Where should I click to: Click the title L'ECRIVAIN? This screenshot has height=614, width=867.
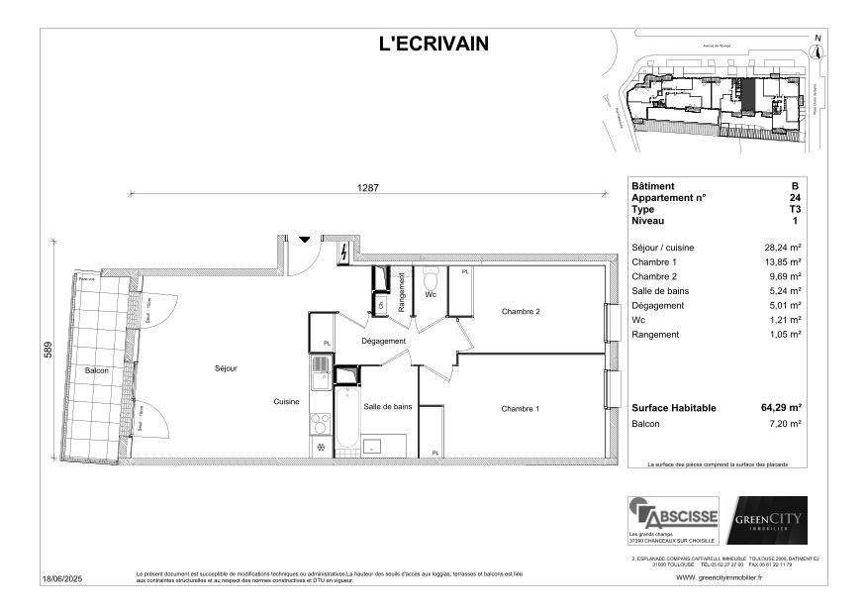tap(433, 43)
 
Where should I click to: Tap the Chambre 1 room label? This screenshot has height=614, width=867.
tap(520, 409)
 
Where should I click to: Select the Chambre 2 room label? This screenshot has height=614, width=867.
tap(520, 312)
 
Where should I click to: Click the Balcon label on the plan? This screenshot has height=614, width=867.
tap(96, 370)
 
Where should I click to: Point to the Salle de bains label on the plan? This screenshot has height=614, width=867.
tap(387, 407)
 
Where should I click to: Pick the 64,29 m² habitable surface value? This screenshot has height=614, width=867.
tap(781, 407)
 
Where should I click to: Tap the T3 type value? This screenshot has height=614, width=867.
tap(794, 209)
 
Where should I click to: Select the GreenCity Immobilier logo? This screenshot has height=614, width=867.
tap(767, 520)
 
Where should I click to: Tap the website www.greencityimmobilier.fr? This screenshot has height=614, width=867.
tap(719, 578)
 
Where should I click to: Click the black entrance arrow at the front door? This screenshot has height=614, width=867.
tap(304, 239)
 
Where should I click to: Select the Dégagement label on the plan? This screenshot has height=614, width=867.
tap(383, 342)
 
